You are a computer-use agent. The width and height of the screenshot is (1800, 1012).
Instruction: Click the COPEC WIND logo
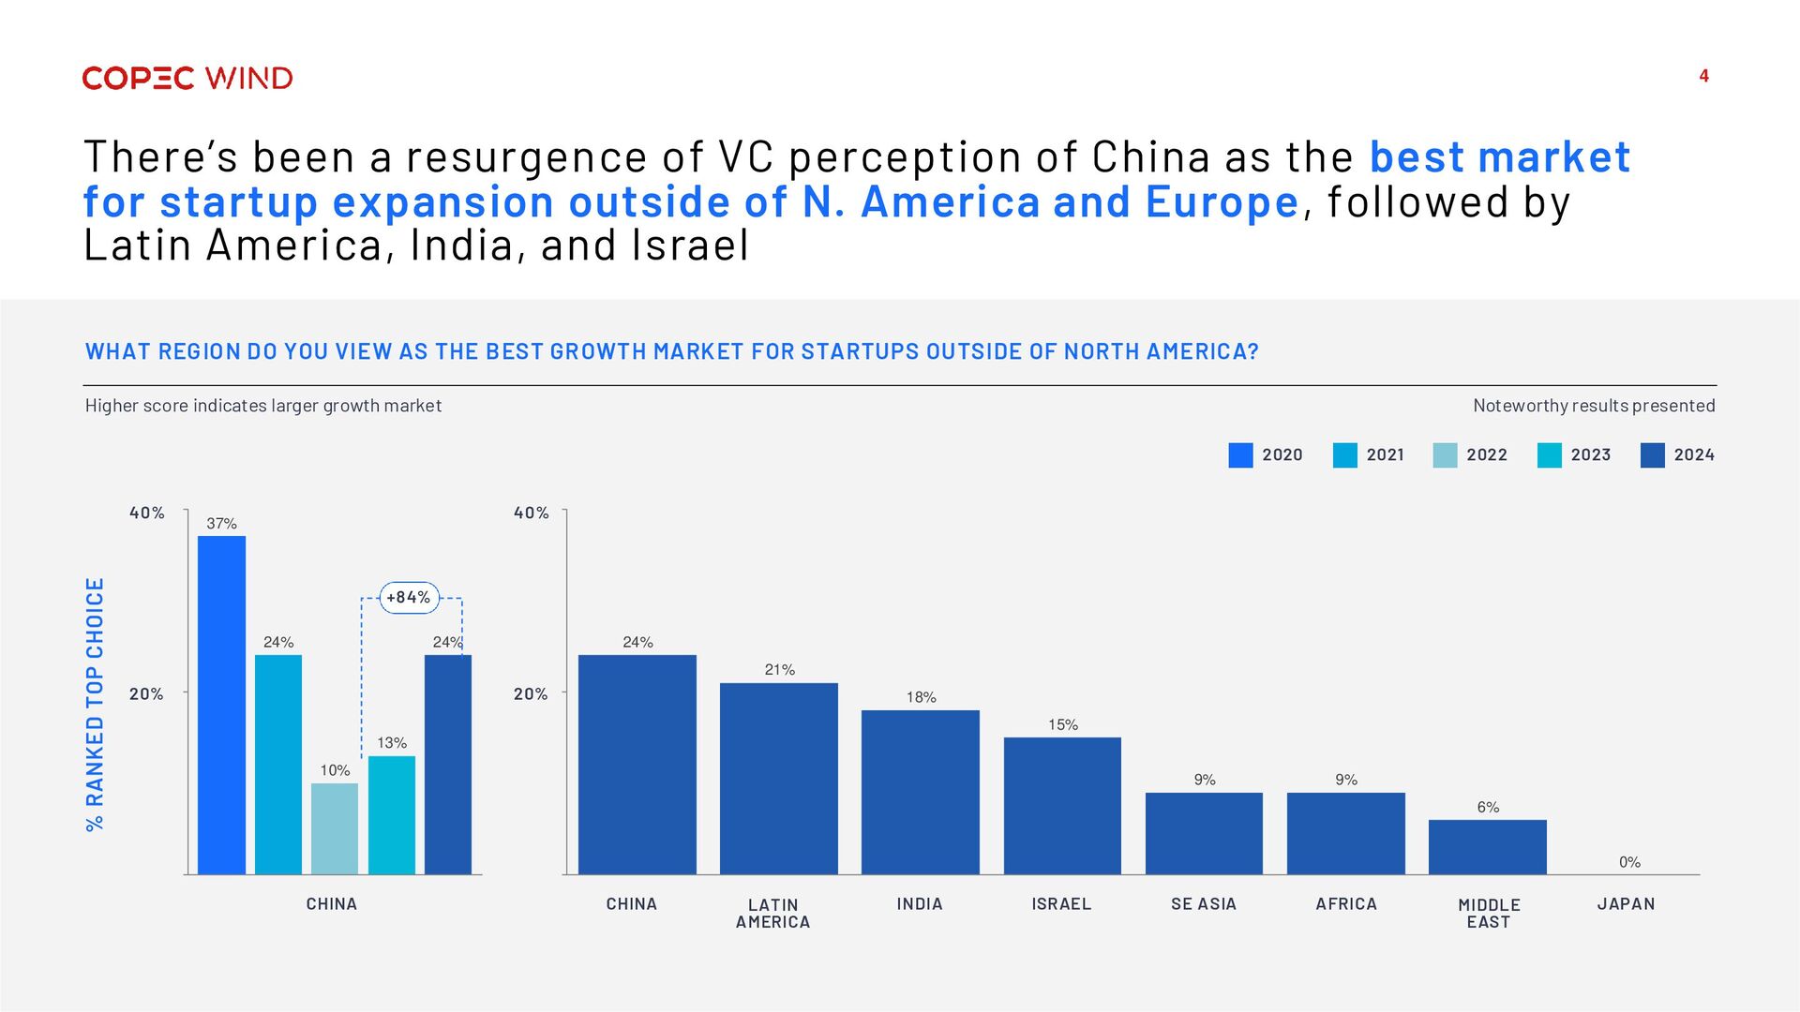coord(187,78)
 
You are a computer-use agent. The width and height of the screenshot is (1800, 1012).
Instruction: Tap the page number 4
coord(1703,76)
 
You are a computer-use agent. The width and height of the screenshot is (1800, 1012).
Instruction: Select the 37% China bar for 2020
coord(221,705)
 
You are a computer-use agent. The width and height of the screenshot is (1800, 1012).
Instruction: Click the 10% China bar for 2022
coord(335,828)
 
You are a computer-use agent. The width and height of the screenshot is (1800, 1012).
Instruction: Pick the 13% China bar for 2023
coord(392,815)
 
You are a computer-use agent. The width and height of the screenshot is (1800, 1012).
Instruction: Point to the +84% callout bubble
coord(409,598)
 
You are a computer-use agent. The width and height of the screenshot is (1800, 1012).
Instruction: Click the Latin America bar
coord(779,779)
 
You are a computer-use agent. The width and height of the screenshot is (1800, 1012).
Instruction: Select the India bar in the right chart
coord(921,792)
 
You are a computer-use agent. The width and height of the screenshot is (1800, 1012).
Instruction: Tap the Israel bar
coord(1062,806)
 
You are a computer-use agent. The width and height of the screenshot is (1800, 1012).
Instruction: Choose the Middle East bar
coord(1488,847)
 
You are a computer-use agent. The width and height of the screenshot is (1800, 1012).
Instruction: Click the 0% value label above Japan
coord(1629,862)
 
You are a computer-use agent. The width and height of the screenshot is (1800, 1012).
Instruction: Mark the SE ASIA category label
coord(1204,904)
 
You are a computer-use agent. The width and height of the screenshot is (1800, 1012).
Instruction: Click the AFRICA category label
coord(1346,904)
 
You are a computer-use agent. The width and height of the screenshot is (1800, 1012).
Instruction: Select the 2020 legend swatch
coord(1240,455)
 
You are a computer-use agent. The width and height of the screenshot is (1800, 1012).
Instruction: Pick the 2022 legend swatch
coord(1445,455)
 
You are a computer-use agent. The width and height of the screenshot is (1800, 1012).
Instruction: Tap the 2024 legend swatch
coord(1653,455)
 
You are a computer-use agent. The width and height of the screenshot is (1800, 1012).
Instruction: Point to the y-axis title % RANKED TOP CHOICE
coord(96,704)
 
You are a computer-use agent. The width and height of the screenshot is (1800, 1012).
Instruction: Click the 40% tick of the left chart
coord(147,513)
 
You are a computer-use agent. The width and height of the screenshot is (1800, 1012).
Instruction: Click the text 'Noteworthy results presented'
coord(1594,406)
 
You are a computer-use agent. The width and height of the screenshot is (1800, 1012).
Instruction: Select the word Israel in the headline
coord(691,246)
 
